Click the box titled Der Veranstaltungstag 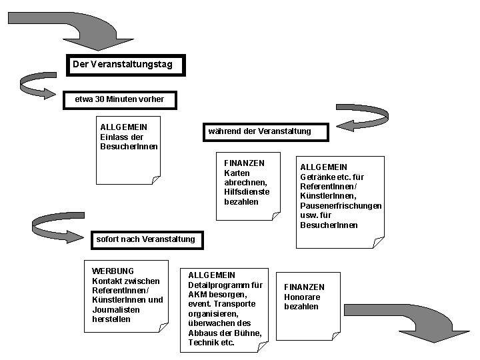coord(124,65)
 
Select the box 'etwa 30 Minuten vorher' coord(120,99)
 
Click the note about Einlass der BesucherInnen coord(126,147)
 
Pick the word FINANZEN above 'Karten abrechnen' coord(244,163)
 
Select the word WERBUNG coord(113,271)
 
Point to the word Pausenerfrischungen coord(341,206)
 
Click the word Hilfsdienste coord(247,192)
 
